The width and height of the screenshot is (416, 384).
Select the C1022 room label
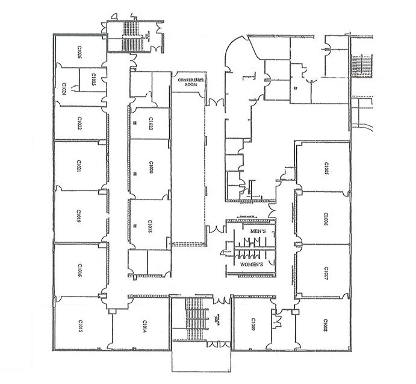coord(79,123)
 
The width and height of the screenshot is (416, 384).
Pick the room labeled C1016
coord(79,268)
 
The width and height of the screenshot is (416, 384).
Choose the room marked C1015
coord(79,325)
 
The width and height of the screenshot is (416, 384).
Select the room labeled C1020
coord(149,167)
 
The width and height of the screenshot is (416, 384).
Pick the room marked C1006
coord(325,219)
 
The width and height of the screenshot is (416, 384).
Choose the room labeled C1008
coord(325,324)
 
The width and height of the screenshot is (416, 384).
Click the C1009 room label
coord(253,326)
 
